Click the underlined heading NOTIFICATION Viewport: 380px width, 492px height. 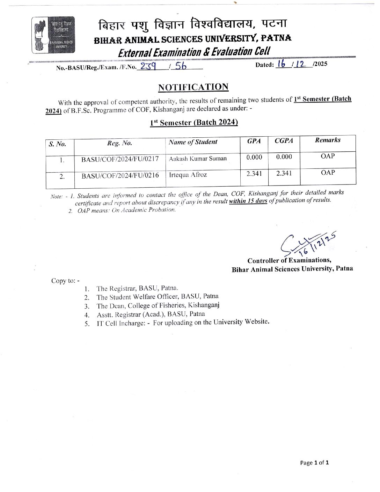[x=193, y=87]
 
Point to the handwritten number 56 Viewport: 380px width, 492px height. [x=181, y=66]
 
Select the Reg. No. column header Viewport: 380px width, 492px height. [x=119, y=143]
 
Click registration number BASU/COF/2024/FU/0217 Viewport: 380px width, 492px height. [x=120, y=159]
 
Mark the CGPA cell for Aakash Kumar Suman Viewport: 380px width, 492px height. [x=284, y=157]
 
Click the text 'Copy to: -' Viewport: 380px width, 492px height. [x=65, y=281]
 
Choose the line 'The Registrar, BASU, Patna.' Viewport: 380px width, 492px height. [x=138, y=288]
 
